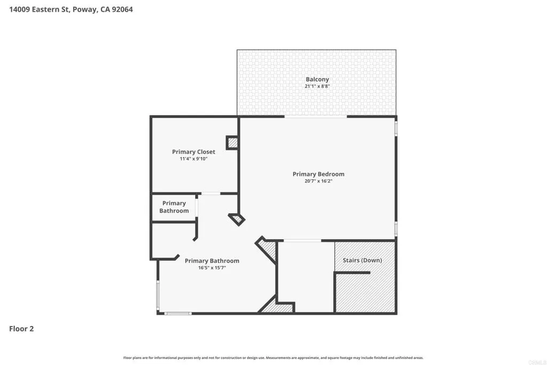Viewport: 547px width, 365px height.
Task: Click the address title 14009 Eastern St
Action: coord(71,9)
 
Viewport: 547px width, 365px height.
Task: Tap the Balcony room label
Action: coord(317,79)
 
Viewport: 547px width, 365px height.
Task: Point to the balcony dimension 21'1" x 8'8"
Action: coord(317,86)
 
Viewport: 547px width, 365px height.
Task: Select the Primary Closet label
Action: coord(193,152)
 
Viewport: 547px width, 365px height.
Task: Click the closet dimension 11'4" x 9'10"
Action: coord(193,159)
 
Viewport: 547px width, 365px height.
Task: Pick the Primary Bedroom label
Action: coord(318,174)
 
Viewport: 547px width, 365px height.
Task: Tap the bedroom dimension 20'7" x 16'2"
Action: coord(318,181)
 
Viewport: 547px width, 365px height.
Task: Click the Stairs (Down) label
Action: coord(362,260)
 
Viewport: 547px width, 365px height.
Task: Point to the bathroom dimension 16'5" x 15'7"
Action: coord(212,268)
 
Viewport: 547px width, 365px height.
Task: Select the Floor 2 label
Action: coord(21,329)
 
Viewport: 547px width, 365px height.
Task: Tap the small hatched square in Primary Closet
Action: coord(232,143)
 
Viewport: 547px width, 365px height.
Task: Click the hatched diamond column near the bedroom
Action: coord(237,219)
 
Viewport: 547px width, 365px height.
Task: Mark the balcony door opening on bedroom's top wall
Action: coord(316,117)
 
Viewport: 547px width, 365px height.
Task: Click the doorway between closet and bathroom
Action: coord(210,193)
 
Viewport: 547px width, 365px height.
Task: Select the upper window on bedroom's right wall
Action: coord(396,129)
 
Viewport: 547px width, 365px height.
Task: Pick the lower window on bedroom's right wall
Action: coord(396,228)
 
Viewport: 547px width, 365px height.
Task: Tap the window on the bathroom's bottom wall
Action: coord(178,313)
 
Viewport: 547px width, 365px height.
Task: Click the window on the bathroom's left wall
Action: coord(158,294)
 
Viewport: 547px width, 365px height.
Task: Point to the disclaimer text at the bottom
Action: coord(273,358)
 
